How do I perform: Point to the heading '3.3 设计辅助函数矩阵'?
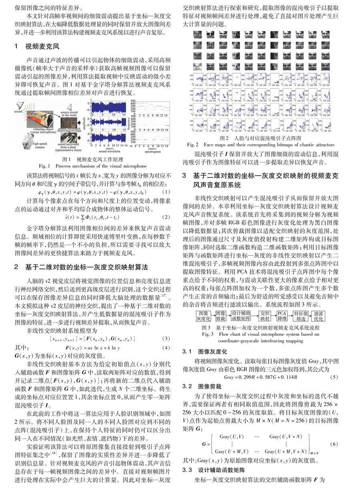click(214, 469)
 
